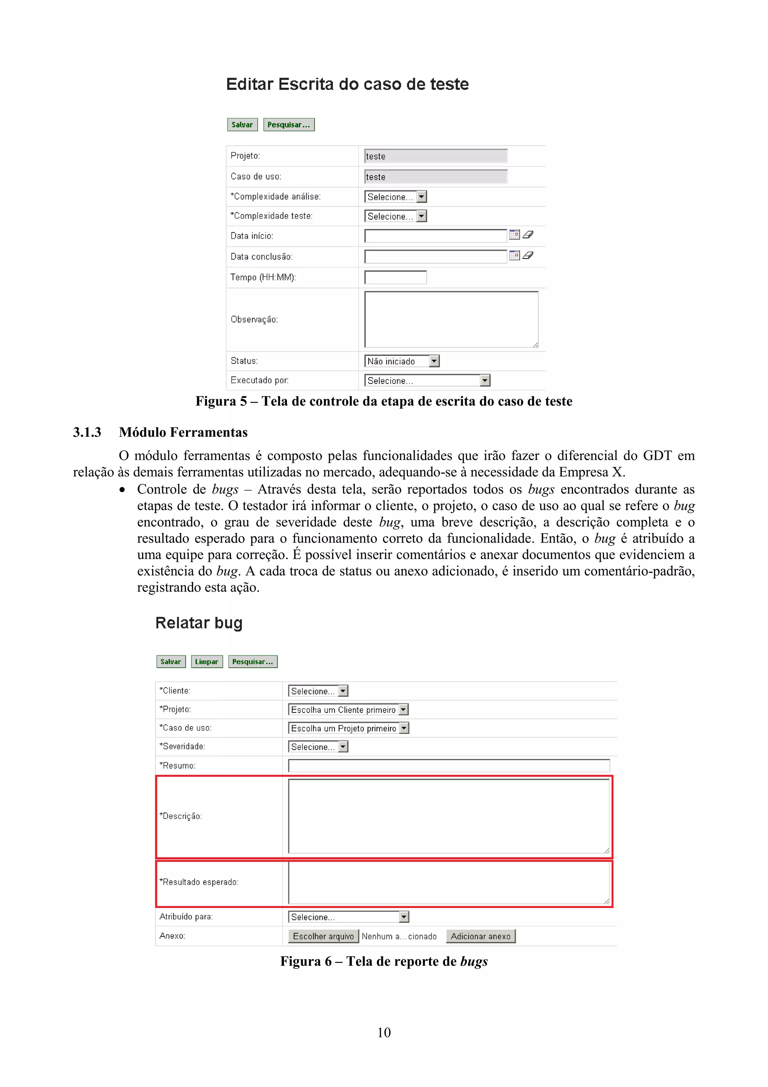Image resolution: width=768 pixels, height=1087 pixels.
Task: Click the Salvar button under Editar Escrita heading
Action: click(242, 125)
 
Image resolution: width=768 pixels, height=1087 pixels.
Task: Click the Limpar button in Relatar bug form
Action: click(206, 662)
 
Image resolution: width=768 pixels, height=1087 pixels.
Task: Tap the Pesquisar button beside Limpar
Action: click(253, 662)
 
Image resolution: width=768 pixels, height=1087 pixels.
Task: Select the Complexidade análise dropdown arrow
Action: click(421, 197)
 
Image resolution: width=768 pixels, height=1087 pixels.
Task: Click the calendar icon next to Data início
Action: click(514, 235)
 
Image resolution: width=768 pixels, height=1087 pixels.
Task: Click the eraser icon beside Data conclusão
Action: click(528, 256)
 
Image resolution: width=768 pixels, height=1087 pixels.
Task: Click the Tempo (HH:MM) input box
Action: click(396, 277)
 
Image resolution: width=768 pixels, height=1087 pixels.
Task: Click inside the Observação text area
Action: click(451, 319)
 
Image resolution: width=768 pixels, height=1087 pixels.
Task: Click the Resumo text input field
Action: click(448, 765)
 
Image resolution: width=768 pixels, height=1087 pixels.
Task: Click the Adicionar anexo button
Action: click(480, 936)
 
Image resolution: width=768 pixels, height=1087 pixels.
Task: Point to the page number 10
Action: click(384, 1032)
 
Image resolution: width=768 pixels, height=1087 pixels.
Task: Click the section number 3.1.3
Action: click(87, 432)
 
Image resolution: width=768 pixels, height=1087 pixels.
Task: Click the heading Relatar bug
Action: click(199, 623)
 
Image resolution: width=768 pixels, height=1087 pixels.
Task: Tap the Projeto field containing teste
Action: click(435, 156)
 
